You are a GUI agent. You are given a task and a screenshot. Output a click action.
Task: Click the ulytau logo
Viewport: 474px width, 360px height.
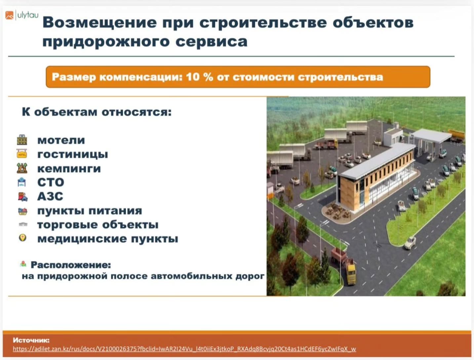22,16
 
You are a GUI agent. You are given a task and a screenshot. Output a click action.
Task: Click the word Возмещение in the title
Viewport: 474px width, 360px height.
100,23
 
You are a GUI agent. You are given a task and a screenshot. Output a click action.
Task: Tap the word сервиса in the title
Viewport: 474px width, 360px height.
212,41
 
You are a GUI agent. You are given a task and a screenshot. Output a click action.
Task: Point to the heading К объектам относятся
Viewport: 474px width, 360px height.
97,112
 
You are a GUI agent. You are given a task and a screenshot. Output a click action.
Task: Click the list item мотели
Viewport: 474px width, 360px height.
61,140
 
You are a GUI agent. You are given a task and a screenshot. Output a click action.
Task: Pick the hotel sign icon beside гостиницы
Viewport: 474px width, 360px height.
22,154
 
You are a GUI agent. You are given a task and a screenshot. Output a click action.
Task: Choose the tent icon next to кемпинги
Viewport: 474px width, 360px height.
22,168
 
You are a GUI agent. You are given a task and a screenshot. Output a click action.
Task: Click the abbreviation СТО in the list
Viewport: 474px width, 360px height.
51,182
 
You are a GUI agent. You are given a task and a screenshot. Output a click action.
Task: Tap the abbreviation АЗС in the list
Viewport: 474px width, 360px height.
50,196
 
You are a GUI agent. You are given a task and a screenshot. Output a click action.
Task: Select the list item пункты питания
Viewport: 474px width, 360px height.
90,211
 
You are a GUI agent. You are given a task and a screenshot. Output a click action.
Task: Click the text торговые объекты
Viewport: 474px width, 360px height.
98,224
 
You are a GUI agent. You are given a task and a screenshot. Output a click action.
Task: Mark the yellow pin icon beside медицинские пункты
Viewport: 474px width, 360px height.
23,238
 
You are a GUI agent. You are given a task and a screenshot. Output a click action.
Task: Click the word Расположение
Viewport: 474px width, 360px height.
71,265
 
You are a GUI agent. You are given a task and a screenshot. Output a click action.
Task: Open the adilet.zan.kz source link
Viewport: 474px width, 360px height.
184,349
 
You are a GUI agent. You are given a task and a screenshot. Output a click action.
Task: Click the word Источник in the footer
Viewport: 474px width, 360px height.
31,340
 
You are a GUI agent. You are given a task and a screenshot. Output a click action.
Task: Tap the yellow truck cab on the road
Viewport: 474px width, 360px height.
350,274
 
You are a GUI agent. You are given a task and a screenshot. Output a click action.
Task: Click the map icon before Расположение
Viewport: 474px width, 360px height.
23,264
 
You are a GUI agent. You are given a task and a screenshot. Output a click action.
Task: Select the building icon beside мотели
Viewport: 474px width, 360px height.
22,140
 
